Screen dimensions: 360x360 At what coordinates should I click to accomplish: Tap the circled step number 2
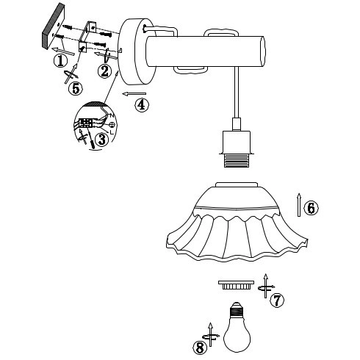(x=105, y=71)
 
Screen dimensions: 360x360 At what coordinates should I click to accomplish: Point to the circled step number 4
(x=142, y=105)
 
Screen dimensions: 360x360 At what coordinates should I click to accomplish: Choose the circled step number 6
(x=311, y=208)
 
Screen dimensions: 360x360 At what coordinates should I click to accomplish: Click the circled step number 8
(x=200, y=348)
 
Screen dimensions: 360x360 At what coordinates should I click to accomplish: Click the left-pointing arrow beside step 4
(x=135, y=94)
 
